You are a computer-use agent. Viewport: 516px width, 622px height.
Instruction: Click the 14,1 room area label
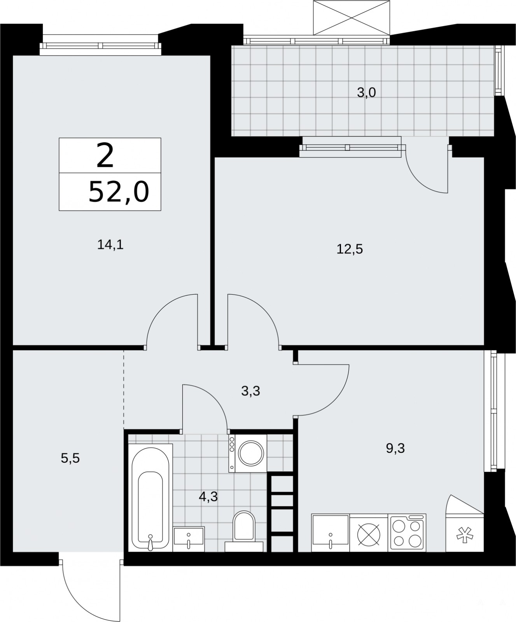click(x=110, y=245)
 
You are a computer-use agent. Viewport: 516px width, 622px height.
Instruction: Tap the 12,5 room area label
click(x=350, y=249)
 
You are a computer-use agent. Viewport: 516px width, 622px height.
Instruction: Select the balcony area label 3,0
click(x=366, y=93)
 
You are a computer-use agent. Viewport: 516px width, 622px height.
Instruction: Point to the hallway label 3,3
click(x=250, y=391)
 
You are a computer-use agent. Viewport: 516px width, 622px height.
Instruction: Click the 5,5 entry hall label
click(x=70, y=458)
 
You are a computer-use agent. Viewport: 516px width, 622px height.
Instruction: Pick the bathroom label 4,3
click(x=208, y=496)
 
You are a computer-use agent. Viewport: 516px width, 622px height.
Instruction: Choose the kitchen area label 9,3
click(x=395, y=448)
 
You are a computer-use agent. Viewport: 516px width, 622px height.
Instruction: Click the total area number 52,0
click(x=119, y=192)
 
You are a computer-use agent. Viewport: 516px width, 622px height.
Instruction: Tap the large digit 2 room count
click(x=105, y=155)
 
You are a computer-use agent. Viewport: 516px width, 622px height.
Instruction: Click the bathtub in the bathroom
click(x=150, y=498)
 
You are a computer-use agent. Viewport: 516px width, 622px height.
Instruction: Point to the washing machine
click(x=247, y=453)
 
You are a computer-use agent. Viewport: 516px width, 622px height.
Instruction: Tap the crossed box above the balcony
click(x=351, y=17)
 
